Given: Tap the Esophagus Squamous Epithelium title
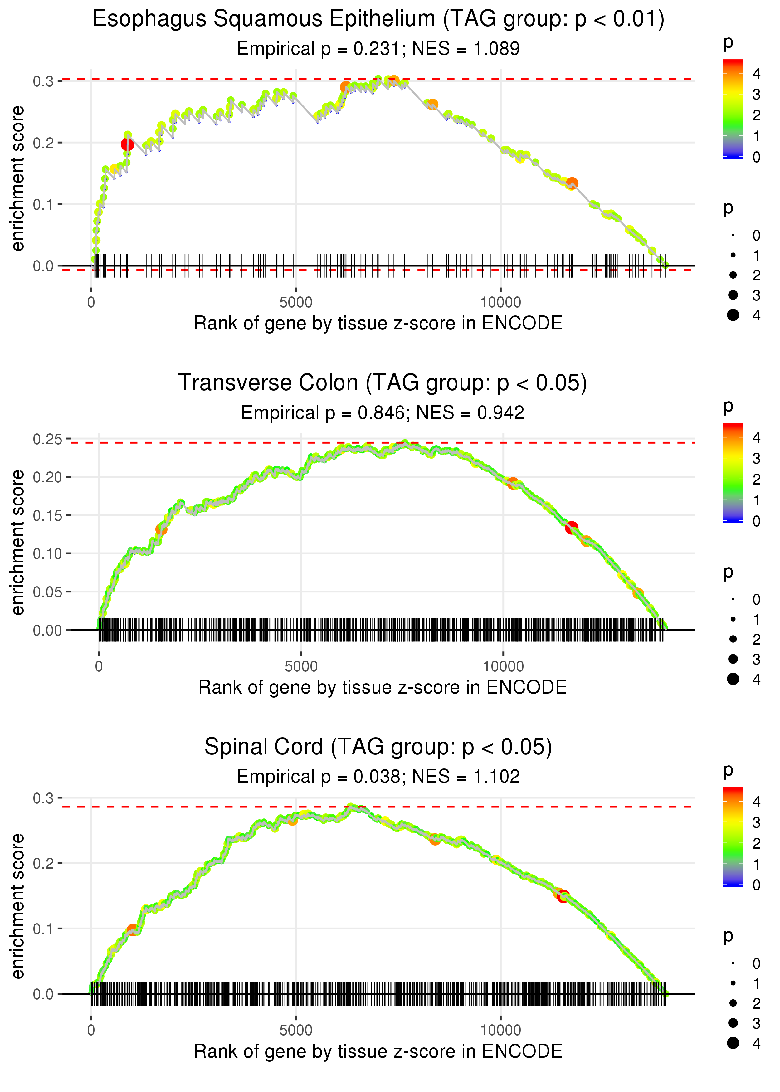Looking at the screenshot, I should point(378,19).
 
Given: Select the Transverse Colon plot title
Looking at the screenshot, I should point(382,383).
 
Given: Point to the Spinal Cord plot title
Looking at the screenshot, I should point(378,747).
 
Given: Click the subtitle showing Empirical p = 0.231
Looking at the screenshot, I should point(378,48).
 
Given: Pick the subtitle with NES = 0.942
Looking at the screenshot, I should point(382,412).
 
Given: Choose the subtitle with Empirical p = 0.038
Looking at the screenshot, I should point(378,777).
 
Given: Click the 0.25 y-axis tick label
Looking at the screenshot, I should point(47,439).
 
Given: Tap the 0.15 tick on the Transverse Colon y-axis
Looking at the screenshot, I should point(47,515).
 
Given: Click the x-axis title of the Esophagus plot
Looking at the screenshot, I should point(378,323).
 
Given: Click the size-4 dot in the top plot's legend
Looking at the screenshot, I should point(733,315).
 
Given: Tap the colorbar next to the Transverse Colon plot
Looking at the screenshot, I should point(733,473).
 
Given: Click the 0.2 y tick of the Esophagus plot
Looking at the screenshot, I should point(43,143).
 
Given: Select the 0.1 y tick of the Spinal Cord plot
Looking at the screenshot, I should point(43,929).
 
